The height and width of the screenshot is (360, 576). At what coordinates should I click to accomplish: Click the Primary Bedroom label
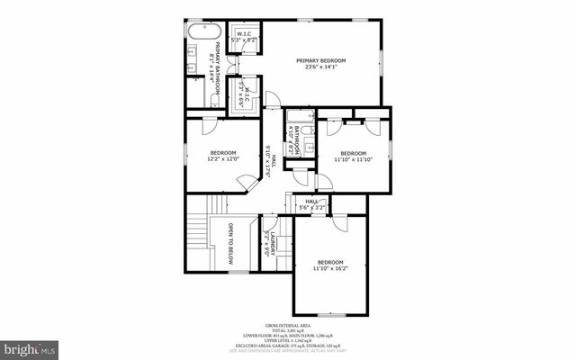(x=320, y=60)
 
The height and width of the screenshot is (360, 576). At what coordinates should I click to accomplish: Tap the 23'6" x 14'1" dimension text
(x=320, y=67)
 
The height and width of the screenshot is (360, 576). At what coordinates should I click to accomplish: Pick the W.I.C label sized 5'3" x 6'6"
(x=242, y=94)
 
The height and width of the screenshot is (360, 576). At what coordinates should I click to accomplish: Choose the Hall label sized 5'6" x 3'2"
(x=312, y=203)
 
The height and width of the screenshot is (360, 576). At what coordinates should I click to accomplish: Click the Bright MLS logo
(x=29, y=347)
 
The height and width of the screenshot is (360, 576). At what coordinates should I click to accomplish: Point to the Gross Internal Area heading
(x=288, y=325)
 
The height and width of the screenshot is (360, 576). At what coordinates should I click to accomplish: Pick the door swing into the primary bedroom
(x=270, y=102)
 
